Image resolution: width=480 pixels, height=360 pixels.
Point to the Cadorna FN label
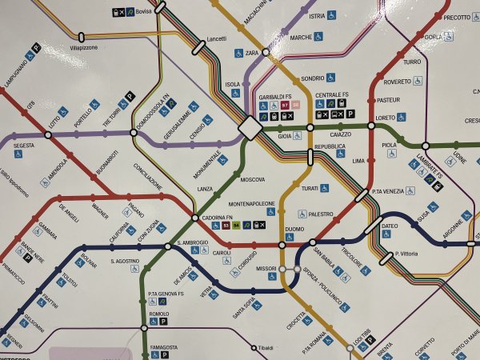[216, 218]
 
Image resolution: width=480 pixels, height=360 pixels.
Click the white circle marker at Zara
[266, 53]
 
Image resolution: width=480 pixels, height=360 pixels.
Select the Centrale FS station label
[332, 95]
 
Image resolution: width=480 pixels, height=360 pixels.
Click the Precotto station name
[457, 18]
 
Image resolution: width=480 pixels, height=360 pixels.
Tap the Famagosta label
[164, 348]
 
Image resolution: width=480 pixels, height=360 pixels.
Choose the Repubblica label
[330, 148]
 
